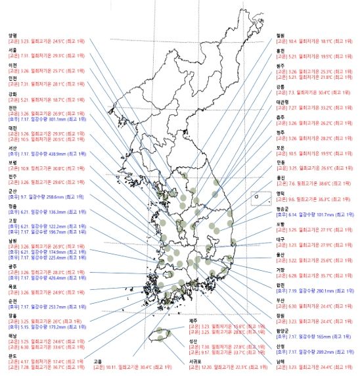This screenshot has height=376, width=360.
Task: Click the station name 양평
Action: click(x=12, y=35)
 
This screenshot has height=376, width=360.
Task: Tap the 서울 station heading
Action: click(x=12, y=50)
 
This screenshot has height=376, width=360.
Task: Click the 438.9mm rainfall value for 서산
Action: click(x=58, y=153)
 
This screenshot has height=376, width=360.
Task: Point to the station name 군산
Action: click(x=12, y=190)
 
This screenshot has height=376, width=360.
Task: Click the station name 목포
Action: click(x=12, y=287)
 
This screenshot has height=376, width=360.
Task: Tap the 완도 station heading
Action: click(x=12, y=355)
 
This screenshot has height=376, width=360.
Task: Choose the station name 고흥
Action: click(x=97, y=360)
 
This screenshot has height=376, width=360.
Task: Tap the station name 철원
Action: click(x=281, y=34)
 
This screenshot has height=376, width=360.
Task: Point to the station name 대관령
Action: click(x=283, y=102)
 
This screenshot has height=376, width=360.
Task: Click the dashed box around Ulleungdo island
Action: click(x=261, y=198)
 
